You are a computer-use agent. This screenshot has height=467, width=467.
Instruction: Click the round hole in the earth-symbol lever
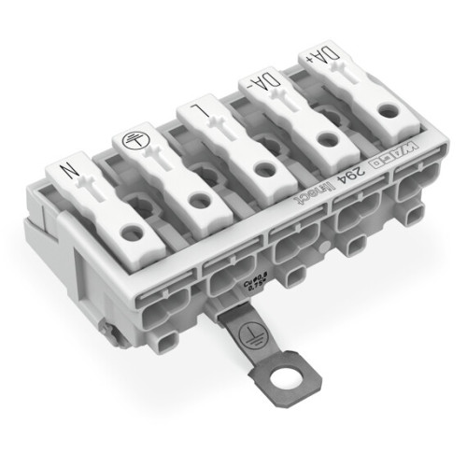[x=195, y=199]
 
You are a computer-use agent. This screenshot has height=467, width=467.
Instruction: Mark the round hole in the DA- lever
[x=323, y=140]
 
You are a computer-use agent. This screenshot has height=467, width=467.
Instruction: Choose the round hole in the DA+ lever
[x=384, y=110]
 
